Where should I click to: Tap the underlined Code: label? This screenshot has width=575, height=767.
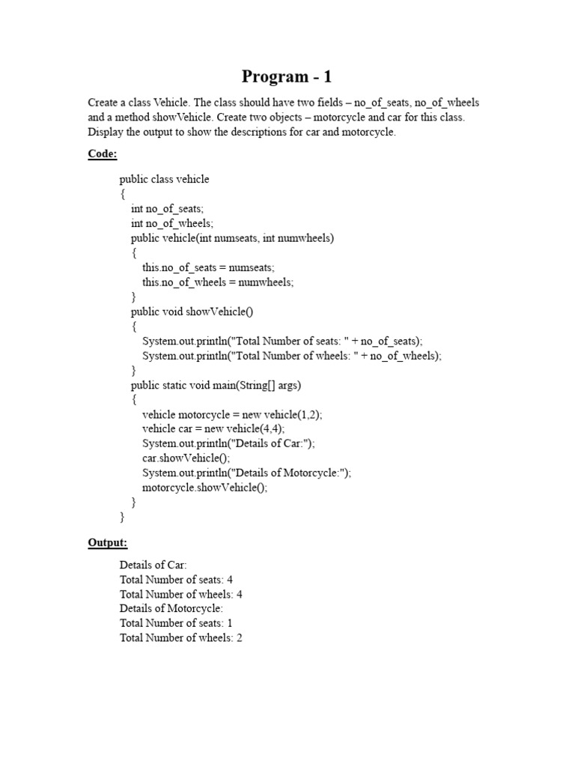point(103,154)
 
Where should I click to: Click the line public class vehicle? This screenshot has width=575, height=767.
point(164,179)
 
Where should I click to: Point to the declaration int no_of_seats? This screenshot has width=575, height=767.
point(167,209)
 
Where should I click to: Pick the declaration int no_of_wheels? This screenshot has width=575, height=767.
point(172,223)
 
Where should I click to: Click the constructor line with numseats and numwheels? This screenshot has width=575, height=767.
point(232,238)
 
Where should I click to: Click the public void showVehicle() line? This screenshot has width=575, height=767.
point(197,312)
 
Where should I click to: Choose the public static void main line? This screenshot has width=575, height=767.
point(216,386)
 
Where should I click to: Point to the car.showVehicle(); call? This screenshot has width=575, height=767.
point(186,458)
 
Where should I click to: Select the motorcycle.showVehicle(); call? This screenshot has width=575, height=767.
point(204,487)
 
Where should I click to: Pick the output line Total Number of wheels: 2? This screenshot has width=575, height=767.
point(180,637)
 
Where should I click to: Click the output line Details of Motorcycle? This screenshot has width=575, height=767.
point(171,608)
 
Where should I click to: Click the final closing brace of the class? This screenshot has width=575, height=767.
point(122,517)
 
